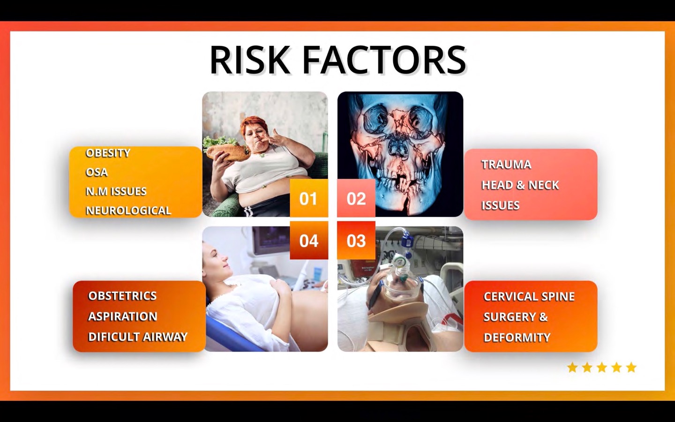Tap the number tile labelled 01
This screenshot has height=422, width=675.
pyautogui.click(x=309, y=198)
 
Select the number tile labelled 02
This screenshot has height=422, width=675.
pyautogui.click(x=356, y=198)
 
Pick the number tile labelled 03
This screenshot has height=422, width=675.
pyautogui.click(x=356, y=240)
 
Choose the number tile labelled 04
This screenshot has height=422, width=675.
pyautogui.click(x=309, y=240)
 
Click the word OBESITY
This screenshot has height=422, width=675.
pyautogui.click(x=108, y=153)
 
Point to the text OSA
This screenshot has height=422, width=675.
pyautogui.click(x=97, y=172)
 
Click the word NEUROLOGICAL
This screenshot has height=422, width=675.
pyautogui.click(x=128, y=211)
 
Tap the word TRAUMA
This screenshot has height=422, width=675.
pyautogui.click(x=506, y=165)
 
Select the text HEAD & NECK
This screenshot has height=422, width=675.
pyautogui.click(x=520, y=185)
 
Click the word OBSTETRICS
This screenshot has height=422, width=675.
pyautogui.click(x=122, y=296)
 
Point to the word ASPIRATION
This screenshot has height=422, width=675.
pyautogui.click(x=123, y=316)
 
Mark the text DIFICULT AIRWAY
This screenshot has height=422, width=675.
pyautogui.click(x=138, y=337)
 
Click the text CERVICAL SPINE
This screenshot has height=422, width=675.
pyautogui.click(x=529, y=296)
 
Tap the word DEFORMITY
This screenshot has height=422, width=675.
pyautogui.click(x=517, y=337)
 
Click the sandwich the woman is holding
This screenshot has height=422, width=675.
pyautogui.click(x=226, y=149)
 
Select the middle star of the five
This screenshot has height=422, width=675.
pyautogui.click(x=602, y=368)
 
